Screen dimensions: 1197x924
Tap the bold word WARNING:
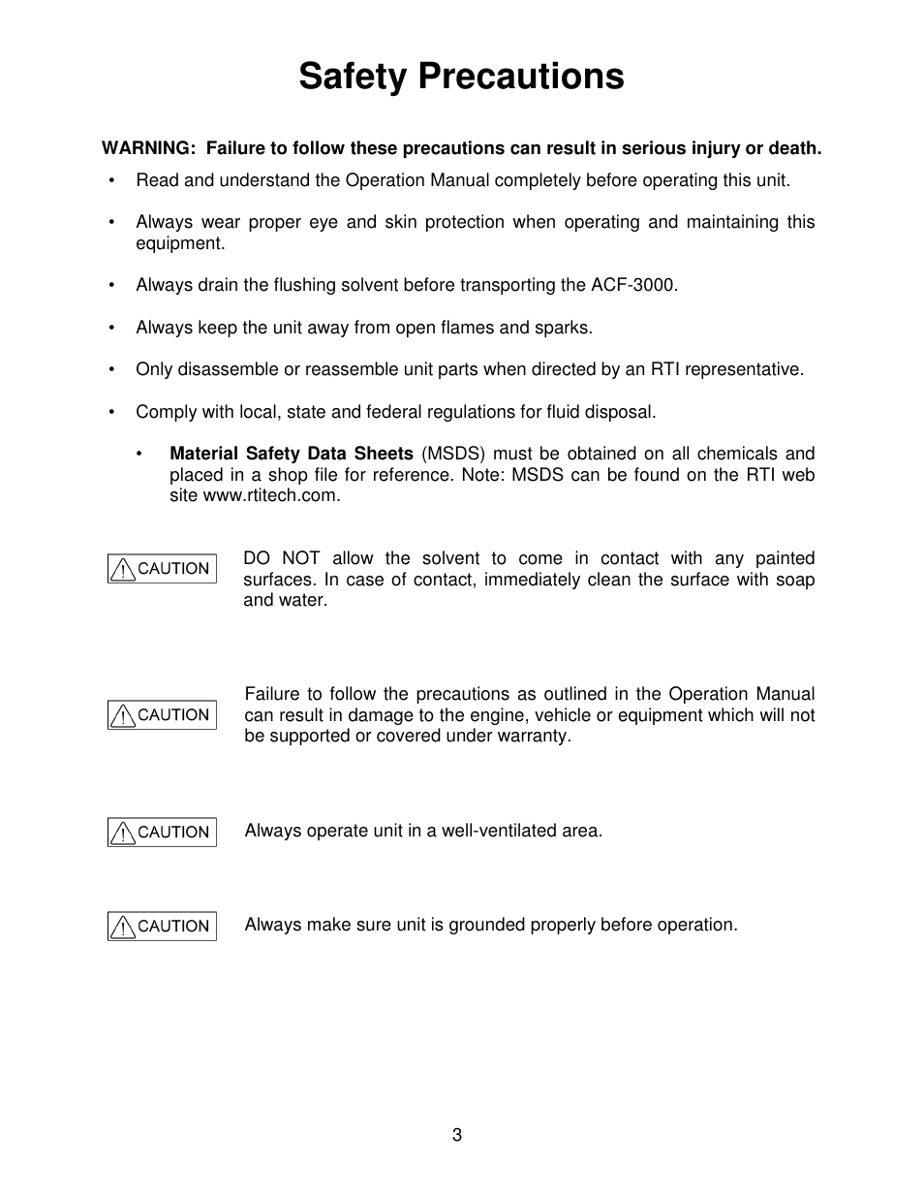(148, 148)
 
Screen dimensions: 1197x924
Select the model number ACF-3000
(633, 285)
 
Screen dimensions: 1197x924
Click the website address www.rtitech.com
(270, 495)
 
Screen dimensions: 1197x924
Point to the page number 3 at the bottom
(457, 1135)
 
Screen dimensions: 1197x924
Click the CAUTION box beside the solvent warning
(162, 569)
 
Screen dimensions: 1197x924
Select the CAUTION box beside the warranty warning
(162, 715)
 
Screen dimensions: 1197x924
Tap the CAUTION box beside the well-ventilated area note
(162, 833)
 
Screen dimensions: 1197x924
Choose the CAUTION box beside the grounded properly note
(162, 927)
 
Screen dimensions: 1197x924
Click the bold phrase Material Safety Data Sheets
(291, 454)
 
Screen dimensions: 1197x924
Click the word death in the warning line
(793, 148)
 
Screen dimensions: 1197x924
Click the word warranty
(536, 736)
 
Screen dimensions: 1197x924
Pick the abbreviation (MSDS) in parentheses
(452, 454)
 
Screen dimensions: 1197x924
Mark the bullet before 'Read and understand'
(112, 180)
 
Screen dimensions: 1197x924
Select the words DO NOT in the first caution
(281, 558)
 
